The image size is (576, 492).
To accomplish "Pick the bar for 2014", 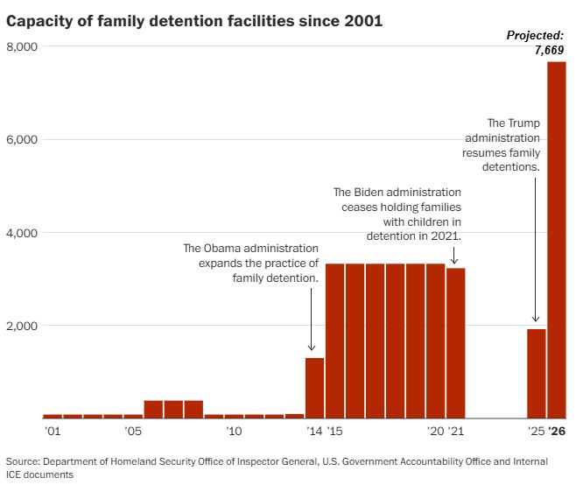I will (x=314, y=388).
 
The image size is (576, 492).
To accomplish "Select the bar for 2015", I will (x=334, y=341).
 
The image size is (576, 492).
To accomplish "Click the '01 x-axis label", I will (x=53, y=432).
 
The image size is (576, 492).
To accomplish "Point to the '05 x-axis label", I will (x=133, y=432).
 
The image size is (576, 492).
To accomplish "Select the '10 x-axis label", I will (x=234, y=432).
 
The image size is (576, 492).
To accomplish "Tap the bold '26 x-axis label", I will (x=558, y=432).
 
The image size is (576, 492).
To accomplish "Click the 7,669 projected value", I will (x=551, y=50).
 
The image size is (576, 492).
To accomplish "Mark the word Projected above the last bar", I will (x=537, y=35).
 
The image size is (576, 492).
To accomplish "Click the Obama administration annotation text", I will (x=250, y=263).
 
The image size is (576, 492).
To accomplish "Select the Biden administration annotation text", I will (x=397, y=214).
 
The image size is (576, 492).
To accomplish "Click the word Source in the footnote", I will (x=24, y=461).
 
